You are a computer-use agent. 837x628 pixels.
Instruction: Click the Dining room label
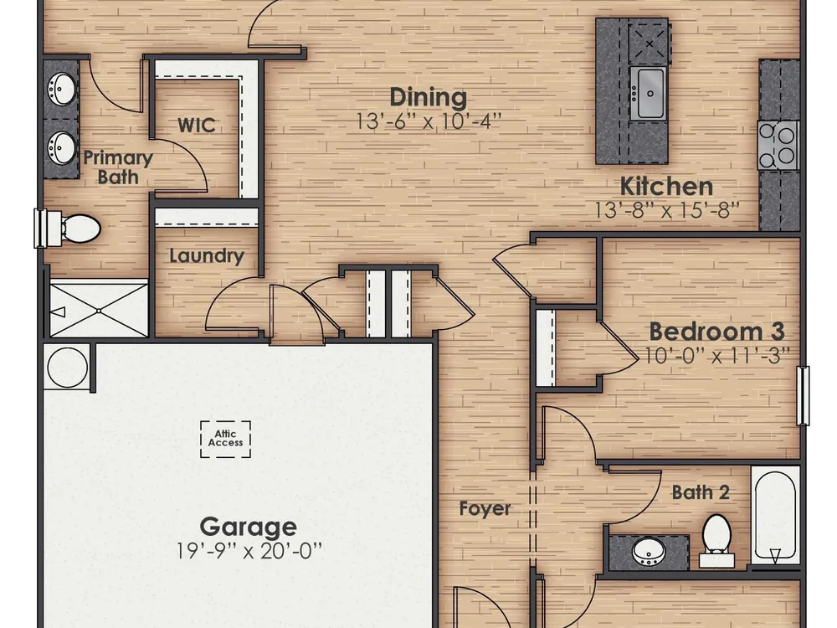click(428, 97)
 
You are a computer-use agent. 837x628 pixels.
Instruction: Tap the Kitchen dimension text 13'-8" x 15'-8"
click(667, 210)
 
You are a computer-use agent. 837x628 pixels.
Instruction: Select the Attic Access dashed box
click(225, 439)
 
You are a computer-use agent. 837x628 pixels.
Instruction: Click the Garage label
click(249, 527)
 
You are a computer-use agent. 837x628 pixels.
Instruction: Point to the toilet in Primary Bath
click(69, 228)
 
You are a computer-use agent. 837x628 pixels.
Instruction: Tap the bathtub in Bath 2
click(776, 515)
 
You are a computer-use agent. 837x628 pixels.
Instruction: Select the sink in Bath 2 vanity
click(649, 551)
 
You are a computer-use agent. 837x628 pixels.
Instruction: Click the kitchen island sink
click(648, 94)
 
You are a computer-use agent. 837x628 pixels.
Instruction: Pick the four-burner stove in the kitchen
click(778, 145)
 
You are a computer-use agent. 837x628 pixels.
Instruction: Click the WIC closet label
click(197, 126)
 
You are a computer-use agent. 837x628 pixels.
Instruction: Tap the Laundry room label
click(207, 255)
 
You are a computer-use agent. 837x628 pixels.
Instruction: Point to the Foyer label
click(485, 509)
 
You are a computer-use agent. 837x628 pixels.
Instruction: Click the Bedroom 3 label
click(716, 332)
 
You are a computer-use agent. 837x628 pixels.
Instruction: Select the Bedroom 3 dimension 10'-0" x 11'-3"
click(716, 356)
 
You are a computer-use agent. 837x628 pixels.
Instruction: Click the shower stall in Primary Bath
click(99, 309)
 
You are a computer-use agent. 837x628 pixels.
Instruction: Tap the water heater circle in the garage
click(67, 367)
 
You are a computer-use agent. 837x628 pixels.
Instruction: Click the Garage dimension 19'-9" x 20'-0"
click(249, 551)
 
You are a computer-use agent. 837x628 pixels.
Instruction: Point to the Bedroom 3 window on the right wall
click(803, 396)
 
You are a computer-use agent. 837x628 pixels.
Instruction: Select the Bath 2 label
click(701, 492)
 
